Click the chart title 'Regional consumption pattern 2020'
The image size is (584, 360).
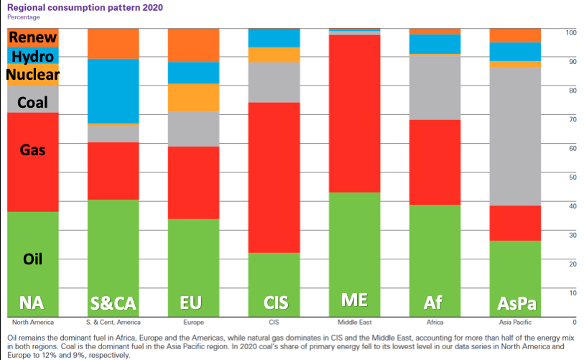84,6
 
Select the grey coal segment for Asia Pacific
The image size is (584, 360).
515,137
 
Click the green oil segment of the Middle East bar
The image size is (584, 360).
354,251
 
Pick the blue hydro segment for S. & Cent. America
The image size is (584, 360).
113,91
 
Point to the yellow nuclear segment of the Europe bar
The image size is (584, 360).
193,98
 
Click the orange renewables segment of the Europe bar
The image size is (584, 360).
193,45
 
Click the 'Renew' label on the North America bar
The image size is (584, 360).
33,37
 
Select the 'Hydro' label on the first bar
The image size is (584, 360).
33,56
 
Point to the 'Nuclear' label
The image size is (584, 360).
33,74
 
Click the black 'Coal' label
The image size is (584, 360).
33,103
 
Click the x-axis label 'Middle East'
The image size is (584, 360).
354,322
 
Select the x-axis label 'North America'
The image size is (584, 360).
33,322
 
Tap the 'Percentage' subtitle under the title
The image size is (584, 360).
24,17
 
